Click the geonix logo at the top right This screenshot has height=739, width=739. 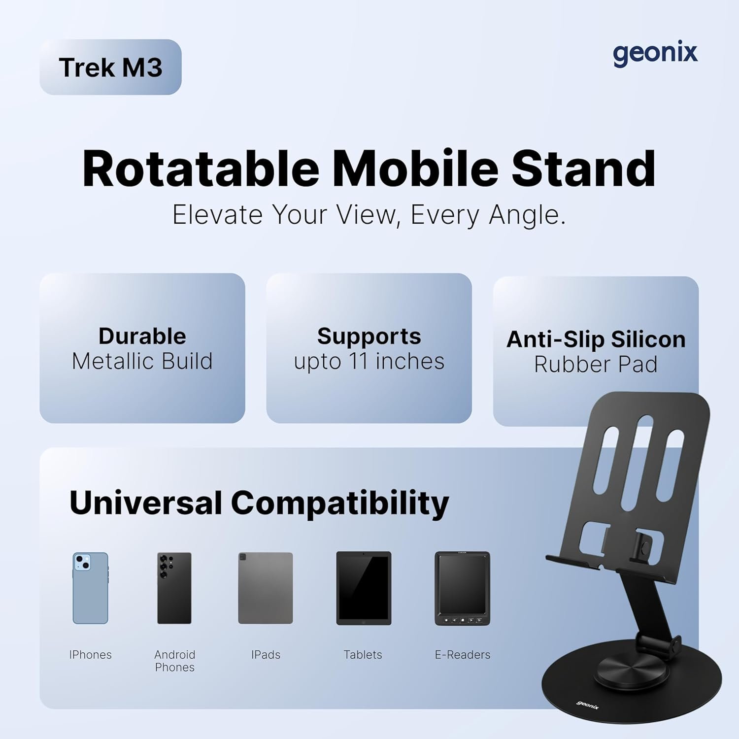tap(655, 53)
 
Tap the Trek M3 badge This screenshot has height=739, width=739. tap(110, 67)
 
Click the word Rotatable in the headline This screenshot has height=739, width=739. tap(201, 168)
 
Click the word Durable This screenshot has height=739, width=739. tap(142, 336)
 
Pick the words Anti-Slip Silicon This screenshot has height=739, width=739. tap(596, 339)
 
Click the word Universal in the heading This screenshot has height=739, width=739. tap(146, 503)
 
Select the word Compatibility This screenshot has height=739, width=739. tap(340, 504)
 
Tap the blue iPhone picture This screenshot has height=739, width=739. tap(90, 588)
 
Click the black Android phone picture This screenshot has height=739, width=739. tap(174, 588)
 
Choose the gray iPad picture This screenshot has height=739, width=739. tap(266, 588)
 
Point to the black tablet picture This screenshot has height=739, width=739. tap(364, 588)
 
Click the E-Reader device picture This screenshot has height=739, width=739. tap(462, 588)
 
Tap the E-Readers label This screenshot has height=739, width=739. tap(463, 655)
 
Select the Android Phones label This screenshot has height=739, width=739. tap(175, 661)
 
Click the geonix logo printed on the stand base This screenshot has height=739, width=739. tap(588, 705)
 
